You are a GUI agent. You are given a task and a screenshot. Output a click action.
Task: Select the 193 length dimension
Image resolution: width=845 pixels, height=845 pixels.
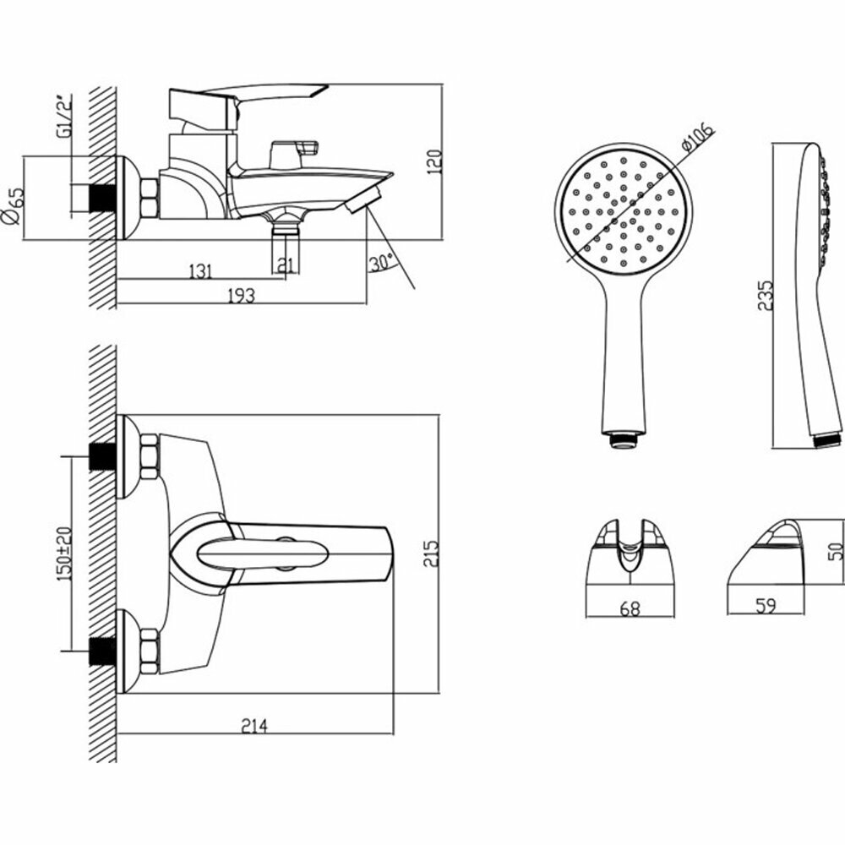click(x=242, y=294)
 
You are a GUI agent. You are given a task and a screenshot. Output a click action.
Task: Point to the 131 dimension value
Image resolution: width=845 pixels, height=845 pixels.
click(x=199, y=270)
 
